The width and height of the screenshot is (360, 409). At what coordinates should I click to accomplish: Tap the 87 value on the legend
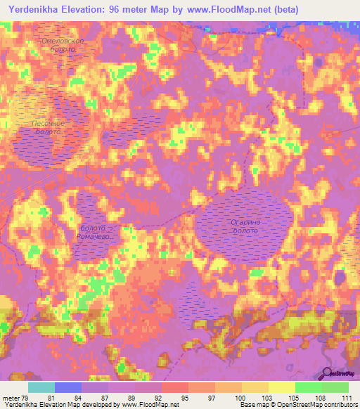point(103,398)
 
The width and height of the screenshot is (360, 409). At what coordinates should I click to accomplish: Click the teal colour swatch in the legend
point(41,387)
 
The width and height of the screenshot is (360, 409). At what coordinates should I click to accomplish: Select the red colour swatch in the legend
point(175,387)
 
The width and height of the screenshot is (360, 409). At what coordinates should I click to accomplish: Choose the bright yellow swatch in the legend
point(282,387)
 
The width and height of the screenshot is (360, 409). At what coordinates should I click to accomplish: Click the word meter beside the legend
point(9,398)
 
